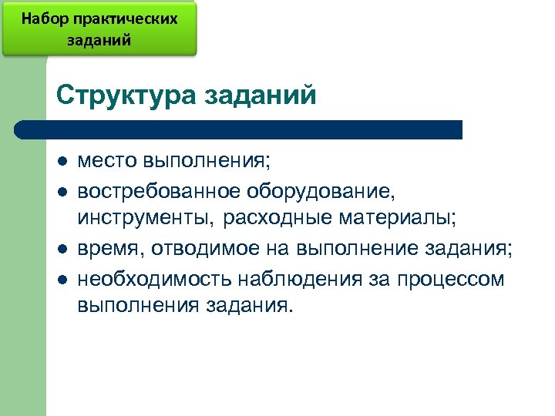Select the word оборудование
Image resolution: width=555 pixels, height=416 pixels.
coord(322,190)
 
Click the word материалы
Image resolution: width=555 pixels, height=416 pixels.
coord(399,219)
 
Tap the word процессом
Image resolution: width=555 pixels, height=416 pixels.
coord(450,277)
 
